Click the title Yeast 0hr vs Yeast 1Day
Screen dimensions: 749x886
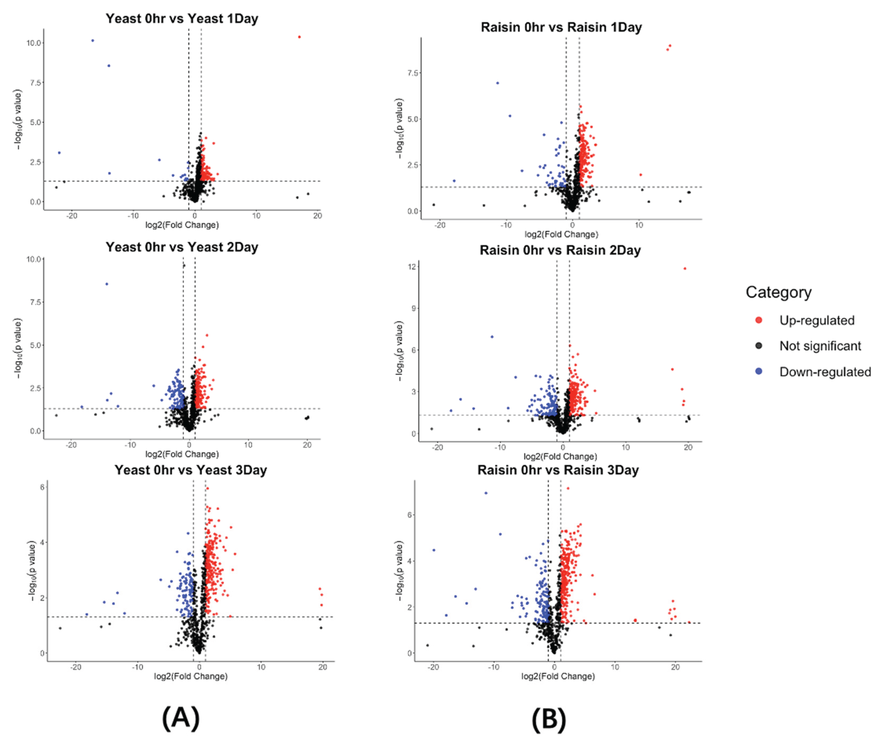[x=182, y=19]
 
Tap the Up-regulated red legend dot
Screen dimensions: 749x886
[x=758, y=320]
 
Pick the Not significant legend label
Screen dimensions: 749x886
[x=820, y=346]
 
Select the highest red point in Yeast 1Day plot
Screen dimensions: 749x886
[x=299, y=37]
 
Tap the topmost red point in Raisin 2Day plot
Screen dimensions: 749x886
[x=685, y=268]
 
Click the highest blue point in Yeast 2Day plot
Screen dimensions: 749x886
[x=107, y=284]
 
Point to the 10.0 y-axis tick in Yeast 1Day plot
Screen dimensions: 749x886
[x=34, y=43]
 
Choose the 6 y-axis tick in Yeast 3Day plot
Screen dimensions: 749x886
[x=42, y=487]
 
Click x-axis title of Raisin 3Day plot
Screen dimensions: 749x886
[x=558, y=676]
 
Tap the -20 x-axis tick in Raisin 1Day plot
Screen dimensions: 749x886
[x=440, y=225]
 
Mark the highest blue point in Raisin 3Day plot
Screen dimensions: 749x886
[x=486, y=493]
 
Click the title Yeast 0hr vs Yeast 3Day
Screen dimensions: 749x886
[x=191, y=470]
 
